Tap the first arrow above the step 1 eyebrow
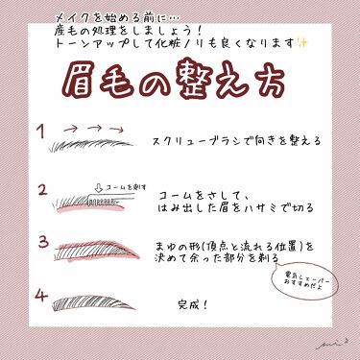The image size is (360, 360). point(71,127)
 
